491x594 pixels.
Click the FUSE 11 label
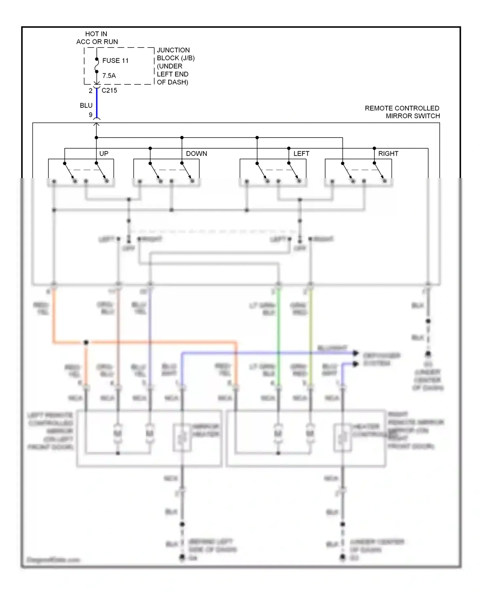pyautogui.click(x=115, y=61)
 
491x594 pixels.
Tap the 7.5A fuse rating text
pyautogui.click(x=109, y=76)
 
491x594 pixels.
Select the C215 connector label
pyautogui.click(x=109, y=90)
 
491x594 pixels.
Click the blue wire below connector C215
pyautogui.click(x=97, y=103)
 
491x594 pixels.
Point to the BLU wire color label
pyautogui.click(x=86, y=105)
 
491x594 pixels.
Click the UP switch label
pyautogui.click(x=104, y=154)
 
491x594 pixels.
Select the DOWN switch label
pyautogui.click(x=196, y=154)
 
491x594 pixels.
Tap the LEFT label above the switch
pyautogui.click(x=301, y=154)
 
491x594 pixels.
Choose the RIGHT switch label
pyautogui.click(x=388, y=154)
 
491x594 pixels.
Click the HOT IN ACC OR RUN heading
pyautogui.click(x=97, y=38)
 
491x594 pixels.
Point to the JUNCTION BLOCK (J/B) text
pyautogui.click(x=175, y=54)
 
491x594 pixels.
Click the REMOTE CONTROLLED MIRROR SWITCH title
pyautogui.click(x=402, y=112)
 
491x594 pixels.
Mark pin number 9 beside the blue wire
pyautogui.click(x=91, y=115)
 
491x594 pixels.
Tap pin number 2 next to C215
pyautogui.click(x=91, y=91)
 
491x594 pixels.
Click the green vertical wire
pyautogui.click(x=279, y=327)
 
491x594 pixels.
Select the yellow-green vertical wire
pyautogui.click(x=310, y=327)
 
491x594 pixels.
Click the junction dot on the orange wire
pyautogui.click(x=86, y=343)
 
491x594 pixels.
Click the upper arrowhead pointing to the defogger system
pyautogui.click(x=355, y=353)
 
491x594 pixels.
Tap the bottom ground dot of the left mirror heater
pyautogui.click(x=182, y=558)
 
